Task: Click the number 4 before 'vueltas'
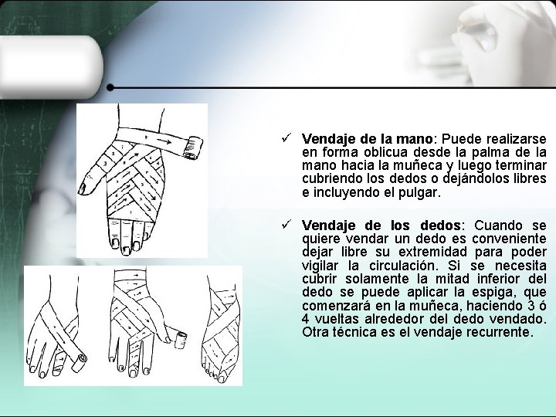[305, 319]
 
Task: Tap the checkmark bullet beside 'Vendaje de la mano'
[286, 137]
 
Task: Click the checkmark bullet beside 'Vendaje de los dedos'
[286, 224]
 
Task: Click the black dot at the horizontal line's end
[110, 87]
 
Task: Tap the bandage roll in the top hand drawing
[192, 147]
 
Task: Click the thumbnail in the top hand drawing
[83, 188]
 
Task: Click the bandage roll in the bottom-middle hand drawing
[181, 340]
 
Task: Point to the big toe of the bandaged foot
[223, 373]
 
